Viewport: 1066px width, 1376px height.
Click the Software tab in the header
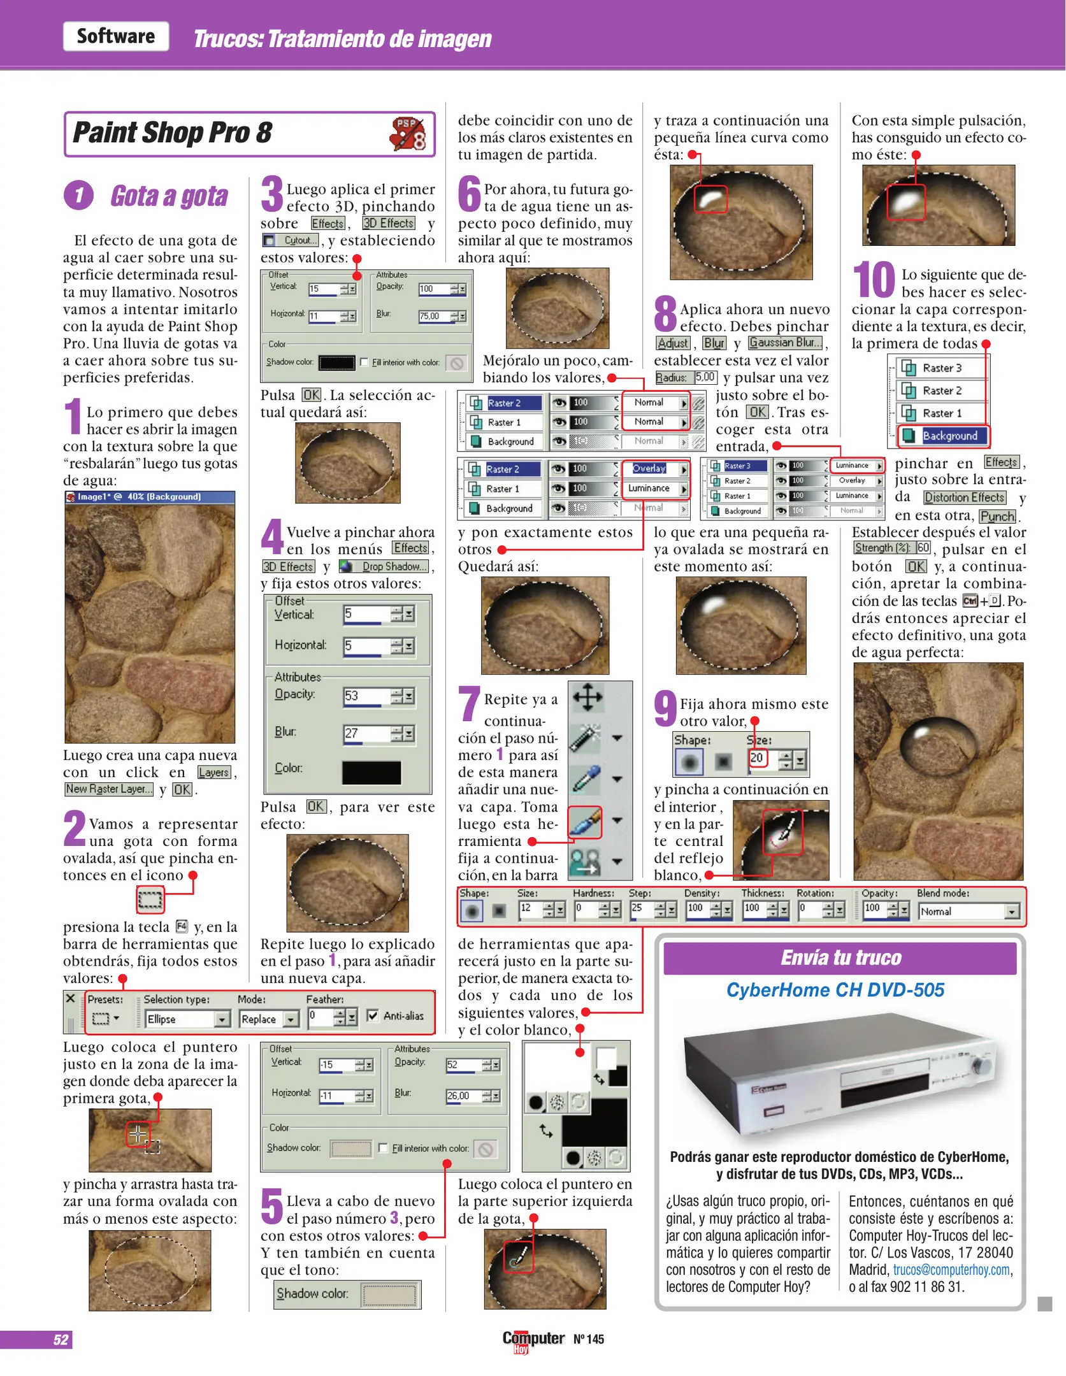115,36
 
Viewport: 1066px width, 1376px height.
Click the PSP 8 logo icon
408,134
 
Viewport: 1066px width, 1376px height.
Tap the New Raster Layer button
109,789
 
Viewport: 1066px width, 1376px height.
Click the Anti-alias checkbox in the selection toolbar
373,1015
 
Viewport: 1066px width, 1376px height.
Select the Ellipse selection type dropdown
187,1019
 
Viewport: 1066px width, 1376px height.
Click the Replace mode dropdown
268,1019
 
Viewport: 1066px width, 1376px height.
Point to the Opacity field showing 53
365,696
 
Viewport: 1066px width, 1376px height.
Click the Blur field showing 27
365,733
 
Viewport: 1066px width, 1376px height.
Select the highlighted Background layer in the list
944,436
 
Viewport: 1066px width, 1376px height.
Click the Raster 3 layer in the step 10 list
942,368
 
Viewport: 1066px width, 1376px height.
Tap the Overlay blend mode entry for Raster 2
651,468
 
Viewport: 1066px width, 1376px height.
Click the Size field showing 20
758,758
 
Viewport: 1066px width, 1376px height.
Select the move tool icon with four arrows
587,697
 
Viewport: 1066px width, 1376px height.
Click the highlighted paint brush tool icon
585,822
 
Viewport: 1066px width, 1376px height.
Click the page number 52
61,1339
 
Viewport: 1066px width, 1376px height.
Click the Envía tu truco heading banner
839,958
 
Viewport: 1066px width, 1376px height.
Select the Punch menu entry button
997,516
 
